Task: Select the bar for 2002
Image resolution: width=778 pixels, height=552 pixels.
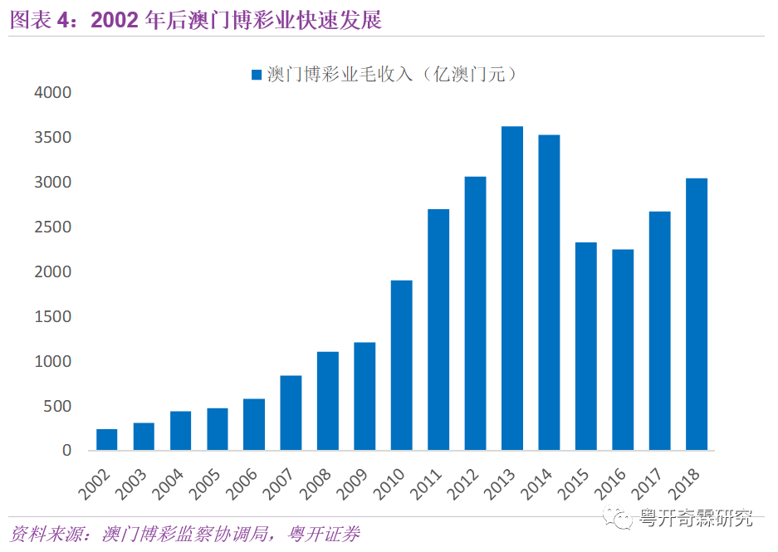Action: click(x=107, y=440)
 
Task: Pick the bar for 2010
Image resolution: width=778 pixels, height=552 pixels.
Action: click(x=402, y=365)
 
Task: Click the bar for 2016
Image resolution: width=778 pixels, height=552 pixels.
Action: click(x=623, y=349)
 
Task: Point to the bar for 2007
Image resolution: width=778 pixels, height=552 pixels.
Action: click(x=291, y=413)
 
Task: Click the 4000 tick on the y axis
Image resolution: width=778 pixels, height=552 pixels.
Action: click(x=53, y=93)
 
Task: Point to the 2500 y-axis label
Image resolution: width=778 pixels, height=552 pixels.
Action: click(x=53, y=227)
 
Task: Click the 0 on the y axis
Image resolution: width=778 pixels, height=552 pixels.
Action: click(x=68, y=451)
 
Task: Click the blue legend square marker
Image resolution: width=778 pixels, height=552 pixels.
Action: click(x=257, y=75)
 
